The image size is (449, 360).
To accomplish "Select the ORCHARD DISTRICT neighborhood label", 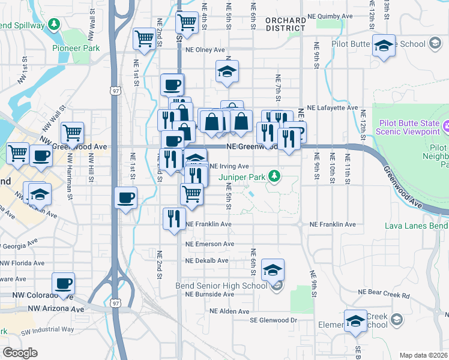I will pyautogui.click(x=285, y=24).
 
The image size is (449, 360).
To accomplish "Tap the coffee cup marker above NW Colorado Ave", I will pyautogui.click(x=63, y=283).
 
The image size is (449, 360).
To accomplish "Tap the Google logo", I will pyautogui.click(x=20, y=353).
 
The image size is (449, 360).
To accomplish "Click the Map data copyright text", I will pyautogui.click(x=423, y=355).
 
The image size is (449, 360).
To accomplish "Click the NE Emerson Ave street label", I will pyautogui.click(x=209, y=244).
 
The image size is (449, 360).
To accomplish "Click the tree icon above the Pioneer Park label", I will pyautogui.click(x=55, y=24).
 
